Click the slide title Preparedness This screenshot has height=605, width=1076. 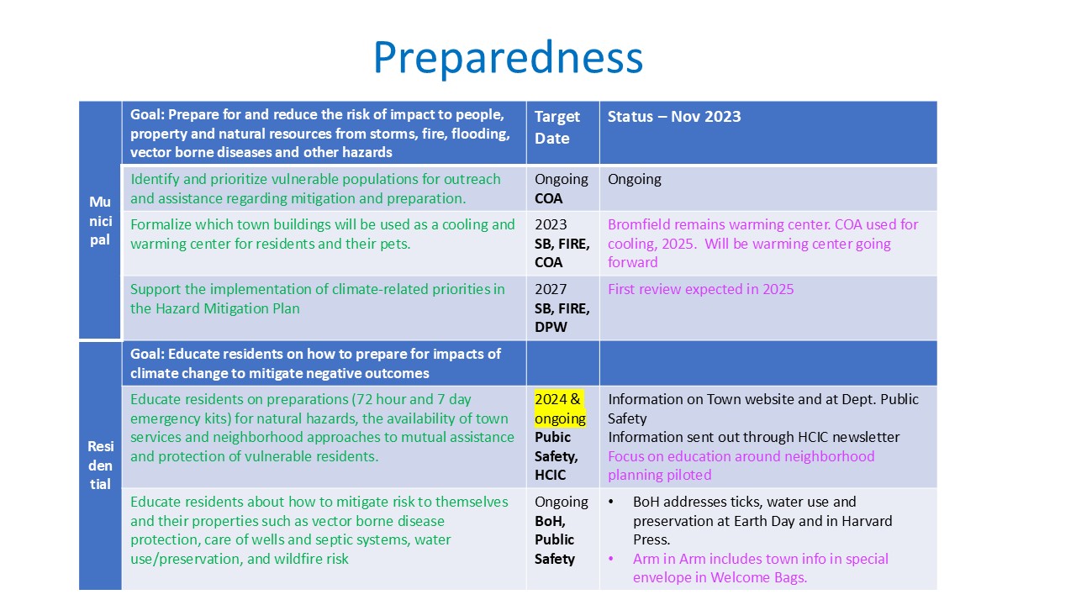pyautogui.click(x=508, y=59)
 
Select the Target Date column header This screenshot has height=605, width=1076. pyautogui.click(x=556, y=127)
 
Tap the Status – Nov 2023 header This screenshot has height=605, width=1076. pyautogui.click(x=674, y=116)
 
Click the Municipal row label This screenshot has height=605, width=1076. pyautogui.click(x=100, y=221)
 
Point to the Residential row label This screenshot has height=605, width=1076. pyautogui.click(x=100, y=466)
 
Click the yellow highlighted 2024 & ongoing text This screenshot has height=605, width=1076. pyautogui.click(x=560, y=408)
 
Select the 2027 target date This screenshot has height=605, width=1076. pyautogui.click(x=551, y=289)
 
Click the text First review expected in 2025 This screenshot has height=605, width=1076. pyautogui.click(x=700, y=289)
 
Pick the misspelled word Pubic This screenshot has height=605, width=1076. pyautogui.click(x=552, y=437)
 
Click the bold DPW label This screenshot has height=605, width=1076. pyautogui.click(x=551, y=327)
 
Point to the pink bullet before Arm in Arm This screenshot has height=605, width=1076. pyautogui.click(x=611, y=559)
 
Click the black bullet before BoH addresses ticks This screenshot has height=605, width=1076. pyautogui.click(x=611, y=502)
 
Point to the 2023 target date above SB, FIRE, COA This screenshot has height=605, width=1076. pyautogui.click(x=551, y=224)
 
